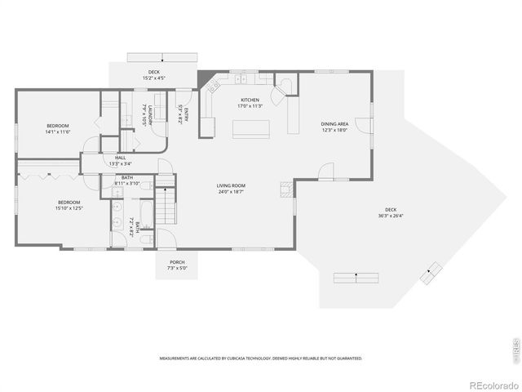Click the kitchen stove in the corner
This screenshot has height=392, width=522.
coord(215,82)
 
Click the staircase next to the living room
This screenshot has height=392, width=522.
coord(166,203)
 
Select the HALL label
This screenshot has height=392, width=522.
coord(121,160)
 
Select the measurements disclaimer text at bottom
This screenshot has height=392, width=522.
coord(261,358)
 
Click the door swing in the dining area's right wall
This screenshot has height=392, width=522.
coord(364,127)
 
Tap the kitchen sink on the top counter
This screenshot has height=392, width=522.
coord(242,79)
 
